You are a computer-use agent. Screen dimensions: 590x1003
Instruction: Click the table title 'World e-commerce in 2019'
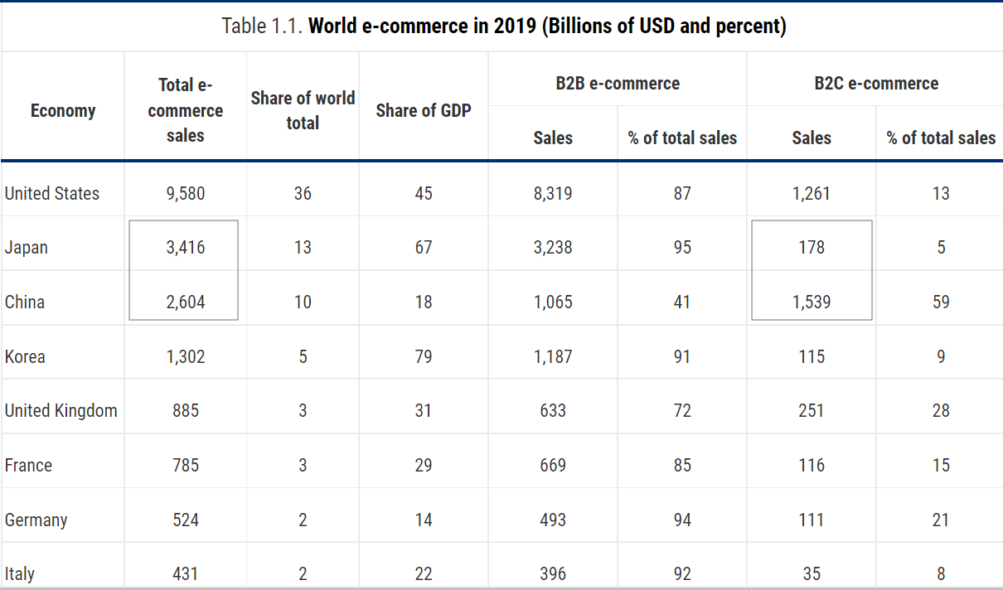504,26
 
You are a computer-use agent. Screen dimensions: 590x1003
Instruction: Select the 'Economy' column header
63,111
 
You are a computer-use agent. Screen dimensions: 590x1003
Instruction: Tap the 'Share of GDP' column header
424,110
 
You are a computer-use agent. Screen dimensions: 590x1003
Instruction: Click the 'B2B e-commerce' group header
618,83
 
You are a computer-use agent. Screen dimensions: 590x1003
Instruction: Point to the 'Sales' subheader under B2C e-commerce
812,138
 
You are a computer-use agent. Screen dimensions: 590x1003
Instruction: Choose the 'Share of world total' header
303,110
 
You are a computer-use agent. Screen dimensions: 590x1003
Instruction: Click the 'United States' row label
52,194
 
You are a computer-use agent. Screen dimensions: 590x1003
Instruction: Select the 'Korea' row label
25,357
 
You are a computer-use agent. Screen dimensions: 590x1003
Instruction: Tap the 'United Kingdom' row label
61,411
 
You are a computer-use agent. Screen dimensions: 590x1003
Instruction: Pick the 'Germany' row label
36,520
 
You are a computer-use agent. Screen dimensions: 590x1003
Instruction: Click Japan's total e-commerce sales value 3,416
185,247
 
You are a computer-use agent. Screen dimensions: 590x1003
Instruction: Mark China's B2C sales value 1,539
812,302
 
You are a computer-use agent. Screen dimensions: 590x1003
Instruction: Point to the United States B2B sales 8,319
553,194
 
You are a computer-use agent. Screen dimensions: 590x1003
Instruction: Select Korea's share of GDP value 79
424,357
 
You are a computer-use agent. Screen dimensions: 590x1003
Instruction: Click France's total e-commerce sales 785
185,466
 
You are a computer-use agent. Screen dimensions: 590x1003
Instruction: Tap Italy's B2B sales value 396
553,573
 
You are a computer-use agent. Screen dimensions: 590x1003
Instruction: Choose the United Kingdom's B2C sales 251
812,411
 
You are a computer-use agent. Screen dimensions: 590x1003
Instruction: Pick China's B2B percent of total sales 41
682,302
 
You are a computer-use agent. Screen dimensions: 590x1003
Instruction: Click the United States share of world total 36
303,194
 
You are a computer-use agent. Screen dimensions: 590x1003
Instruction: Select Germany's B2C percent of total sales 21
941,520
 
